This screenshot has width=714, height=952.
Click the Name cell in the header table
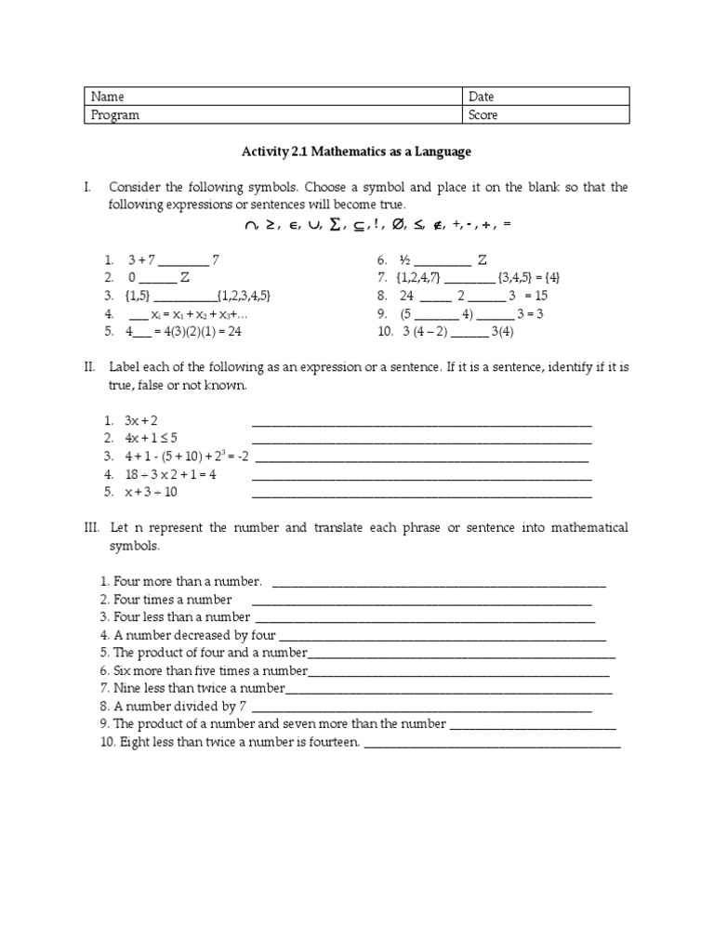pos(273,97)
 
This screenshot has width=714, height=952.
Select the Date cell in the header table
pos(546,97)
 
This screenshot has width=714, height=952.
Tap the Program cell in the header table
pos(273,115)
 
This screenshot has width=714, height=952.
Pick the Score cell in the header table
pos(546,115)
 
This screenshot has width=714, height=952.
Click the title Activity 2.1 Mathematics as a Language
pos(357,152)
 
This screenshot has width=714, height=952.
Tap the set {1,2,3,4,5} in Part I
pos(247,296)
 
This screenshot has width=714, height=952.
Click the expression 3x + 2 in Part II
pos(141,421)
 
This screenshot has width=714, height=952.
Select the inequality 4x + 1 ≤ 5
pos(151,439)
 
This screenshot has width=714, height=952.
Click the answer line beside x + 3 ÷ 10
pos(422,493)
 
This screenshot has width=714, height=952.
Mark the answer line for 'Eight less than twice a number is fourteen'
pos(492,743)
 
